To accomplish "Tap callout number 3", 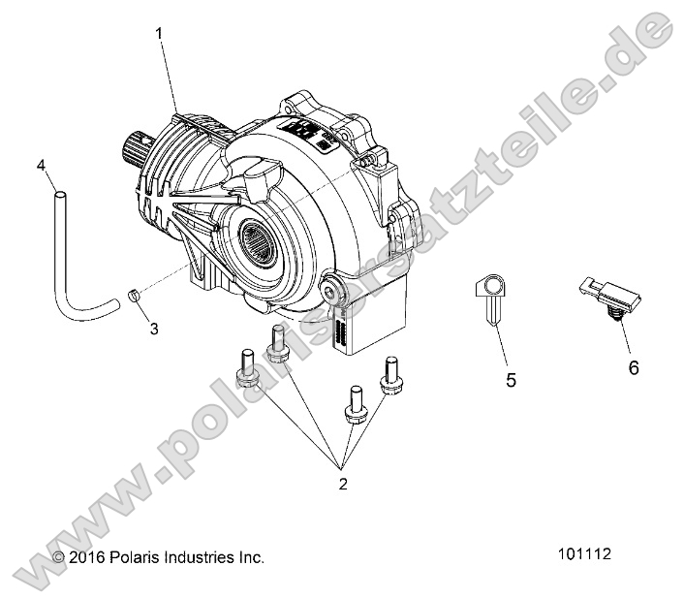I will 152,329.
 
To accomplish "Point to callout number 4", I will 42,165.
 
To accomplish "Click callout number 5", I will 511,381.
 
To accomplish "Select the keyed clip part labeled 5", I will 493,297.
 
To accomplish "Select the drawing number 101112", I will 585,556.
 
